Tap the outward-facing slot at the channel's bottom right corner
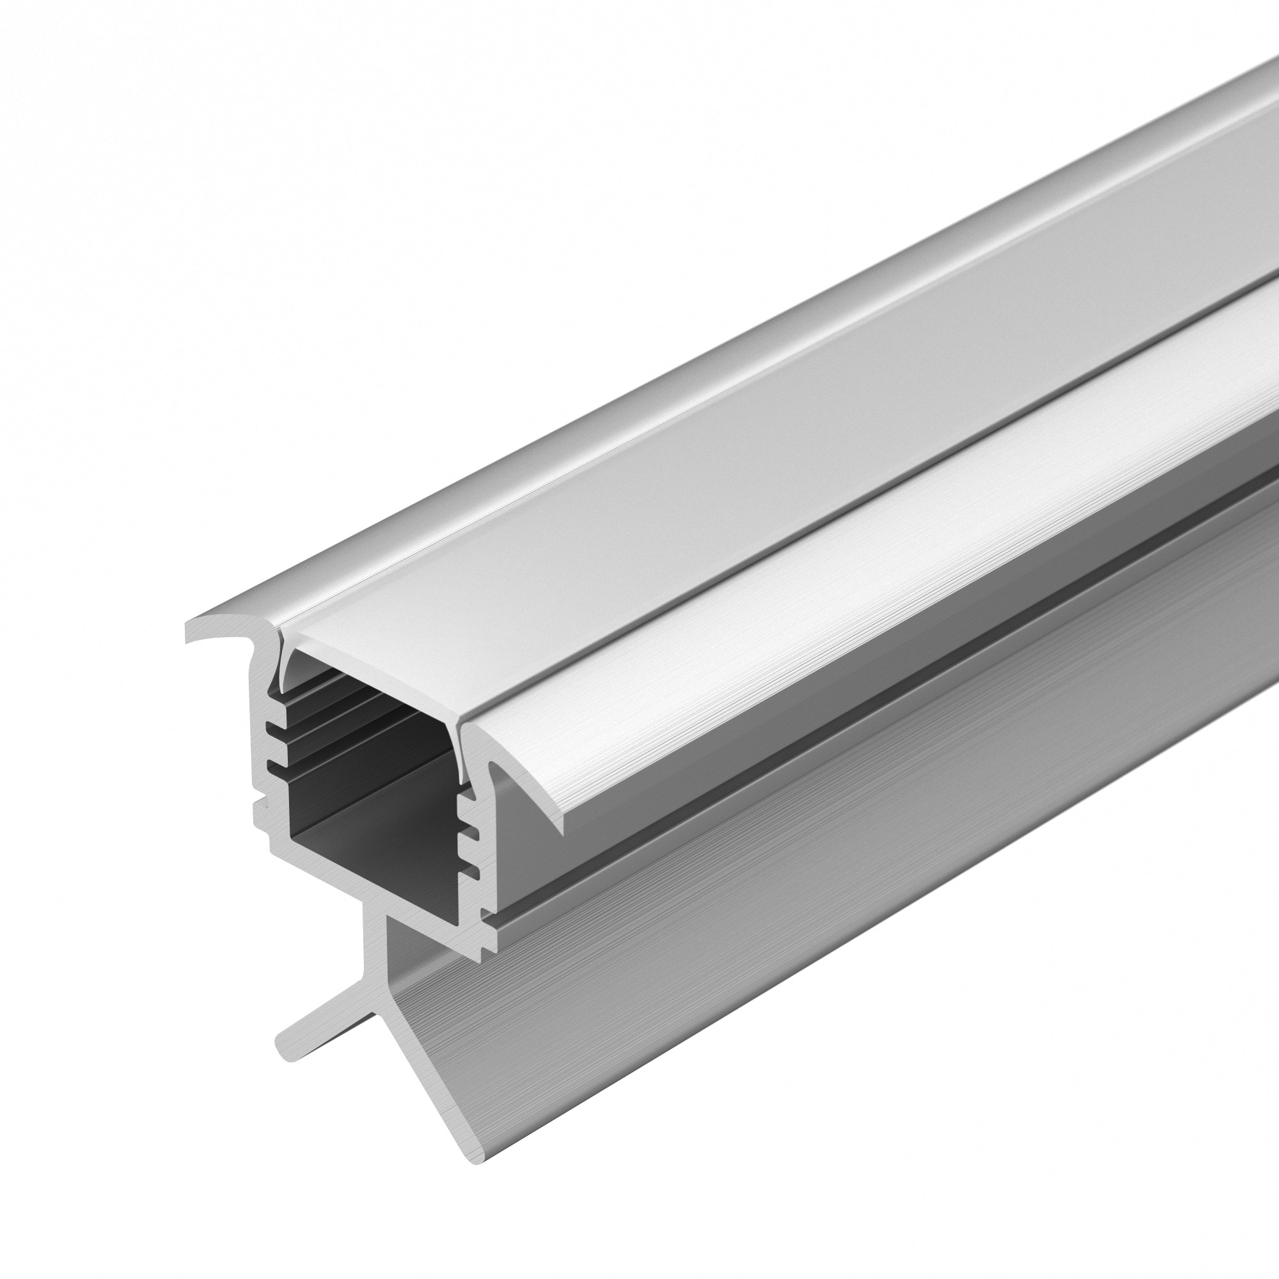(x=486, y=914)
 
